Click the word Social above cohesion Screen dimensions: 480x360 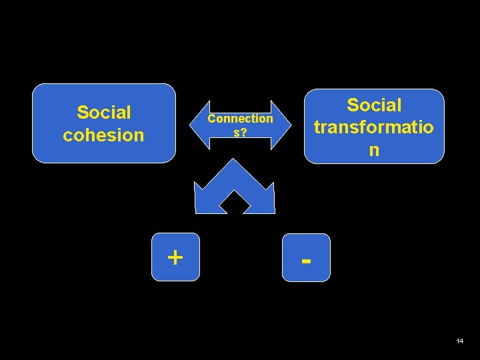click(104, 111)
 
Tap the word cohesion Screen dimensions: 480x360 click(104, 135)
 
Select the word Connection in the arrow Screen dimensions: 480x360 click(240, 119)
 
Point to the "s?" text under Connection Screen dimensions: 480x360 click(240, 132)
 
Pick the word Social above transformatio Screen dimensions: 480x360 click(374, 105)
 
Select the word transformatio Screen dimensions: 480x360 click(374, 127)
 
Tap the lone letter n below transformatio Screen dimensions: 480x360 click(374, 149)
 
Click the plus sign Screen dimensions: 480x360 click(175, 257)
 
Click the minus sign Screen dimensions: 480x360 click(306, 259)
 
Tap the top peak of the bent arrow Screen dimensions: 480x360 click(234, 162)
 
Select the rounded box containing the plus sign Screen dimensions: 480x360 click(175, 257)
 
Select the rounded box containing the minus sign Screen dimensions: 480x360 click(306, 257)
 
